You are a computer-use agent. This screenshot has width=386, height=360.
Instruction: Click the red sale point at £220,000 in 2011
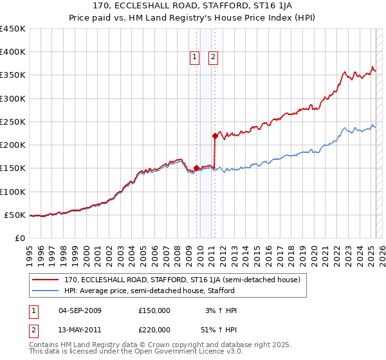(215, 136)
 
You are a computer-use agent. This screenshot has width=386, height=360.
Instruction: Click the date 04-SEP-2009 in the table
(80, 310)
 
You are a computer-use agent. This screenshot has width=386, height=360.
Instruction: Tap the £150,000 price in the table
(154, 310)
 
